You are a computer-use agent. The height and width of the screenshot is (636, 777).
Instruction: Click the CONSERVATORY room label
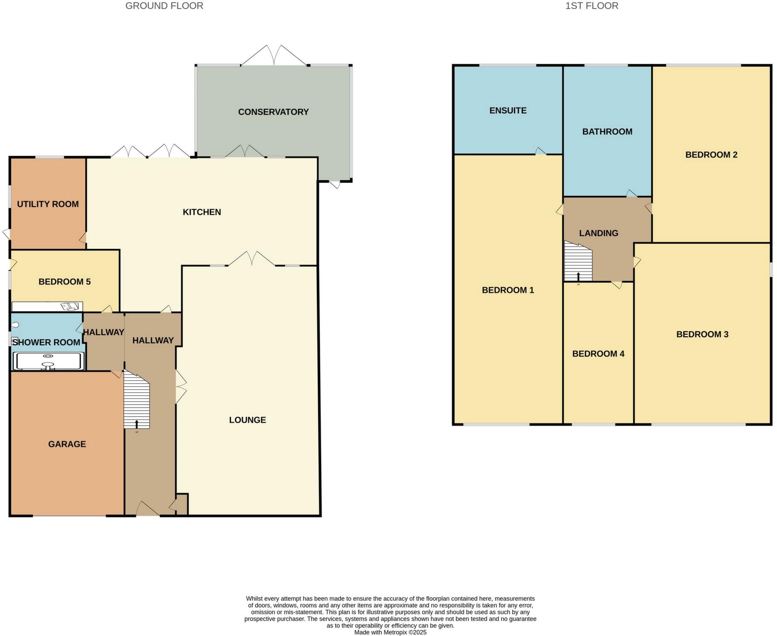(x=273, y=112)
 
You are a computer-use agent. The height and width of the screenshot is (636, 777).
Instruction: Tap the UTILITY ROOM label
(x=48, y=204)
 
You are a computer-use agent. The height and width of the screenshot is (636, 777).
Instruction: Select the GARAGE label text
(x=67, y=444)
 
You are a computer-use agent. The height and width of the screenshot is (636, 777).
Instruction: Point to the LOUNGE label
(x=247, y=420)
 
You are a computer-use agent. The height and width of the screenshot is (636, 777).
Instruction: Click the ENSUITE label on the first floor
(x=507, y=111)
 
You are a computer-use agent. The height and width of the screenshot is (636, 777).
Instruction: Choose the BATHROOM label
(x=607, y=131)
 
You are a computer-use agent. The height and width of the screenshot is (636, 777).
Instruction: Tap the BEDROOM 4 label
(x=598, y=353)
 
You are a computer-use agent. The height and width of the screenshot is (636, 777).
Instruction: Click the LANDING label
(x=598, y=233)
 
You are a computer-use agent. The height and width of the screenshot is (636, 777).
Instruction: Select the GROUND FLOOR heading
(x=164, y=6)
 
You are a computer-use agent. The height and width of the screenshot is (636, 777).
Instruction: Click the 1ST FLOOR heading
(x=591, y=6)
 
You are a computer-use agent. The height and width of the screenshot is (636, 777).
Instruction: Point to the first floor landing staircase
(x=578, y=261)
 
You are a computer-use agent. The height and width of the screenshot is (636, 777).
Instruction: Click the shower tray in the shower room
(x=48, y=361)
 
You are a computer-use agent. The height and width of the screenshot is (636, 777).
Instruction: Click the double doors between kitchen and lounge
(x=252, y=259)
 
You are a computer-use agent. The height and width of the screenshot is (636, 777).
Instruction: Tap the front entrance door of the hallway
(x=147, y=509)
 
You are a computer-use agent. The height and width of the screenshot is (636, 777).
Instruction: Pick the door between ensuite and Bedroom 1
(x=540, y=151)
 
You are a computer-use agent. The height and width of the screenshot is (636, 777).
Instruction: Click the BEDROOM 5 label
(x=64, y=282)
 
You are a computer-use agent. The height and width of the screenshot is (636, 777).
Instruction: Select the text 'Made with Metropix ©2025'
(x=390, y=633)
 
